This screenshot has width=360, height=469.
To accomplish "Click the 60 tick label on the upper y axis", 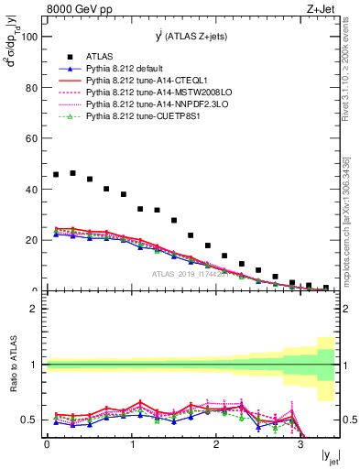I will pos(30,138).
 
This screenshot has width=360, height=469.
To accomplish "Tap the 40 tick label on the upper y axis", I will pos(30,190).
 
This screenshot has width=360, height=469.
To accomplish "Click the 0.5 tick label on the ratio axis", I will pos(27,420).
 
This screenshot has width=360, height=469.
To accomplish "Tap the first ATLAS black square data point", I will pos(56,174).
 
